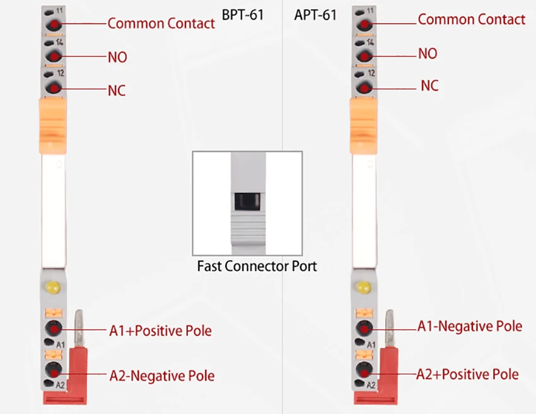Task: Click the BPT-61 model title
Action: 243,15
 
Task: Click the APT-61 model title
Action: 315,15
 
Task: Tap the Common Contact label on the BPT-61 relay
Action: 161,23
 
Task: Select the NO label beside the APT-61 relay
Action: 428,54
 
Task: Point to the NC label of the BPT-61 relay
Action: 117,91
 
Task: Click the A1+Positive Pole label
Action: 160,331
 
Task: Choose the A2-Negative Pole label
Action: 162,376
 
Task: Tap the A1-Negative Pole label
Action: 470,326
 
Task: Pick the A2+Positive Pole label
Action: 468,374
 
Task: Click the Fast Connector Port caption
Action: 257,266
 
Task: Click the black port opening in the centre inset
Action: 247,202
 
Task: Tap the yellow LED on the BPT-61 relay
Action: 53,287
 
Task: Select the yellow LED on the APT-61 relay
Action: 363,287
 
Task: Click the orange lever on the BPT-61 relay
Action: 53,125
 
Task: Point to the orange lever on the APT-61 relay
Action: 363,125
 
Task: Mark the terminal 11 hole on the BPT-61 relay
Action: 54,25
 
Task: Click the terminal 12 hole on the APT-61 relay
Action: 364,88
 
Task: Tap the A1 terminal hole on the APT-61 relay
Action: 364,328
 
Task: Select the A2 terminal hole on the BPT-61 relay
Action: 54,370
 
